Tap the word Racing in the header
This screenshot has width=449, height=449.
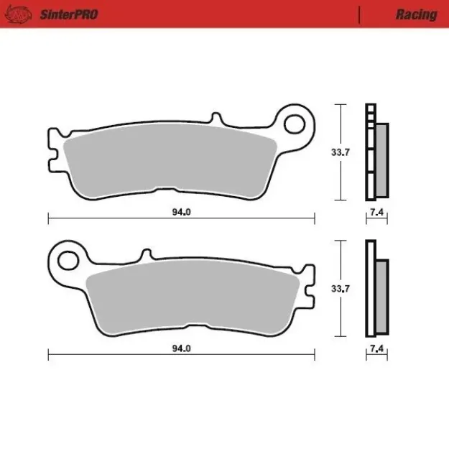pos(416,14)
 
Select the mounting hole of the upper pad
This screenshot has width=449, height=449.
pos(295,124)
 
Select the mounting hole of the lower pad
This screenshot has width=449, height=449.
pos(68,259)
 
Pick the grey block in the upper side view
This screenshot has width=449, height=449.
pos(381,159)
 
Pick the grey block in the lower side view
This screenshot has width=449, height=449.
pos(381,296)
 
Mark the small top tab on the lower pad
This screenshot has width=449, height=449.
pos(145,255)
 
